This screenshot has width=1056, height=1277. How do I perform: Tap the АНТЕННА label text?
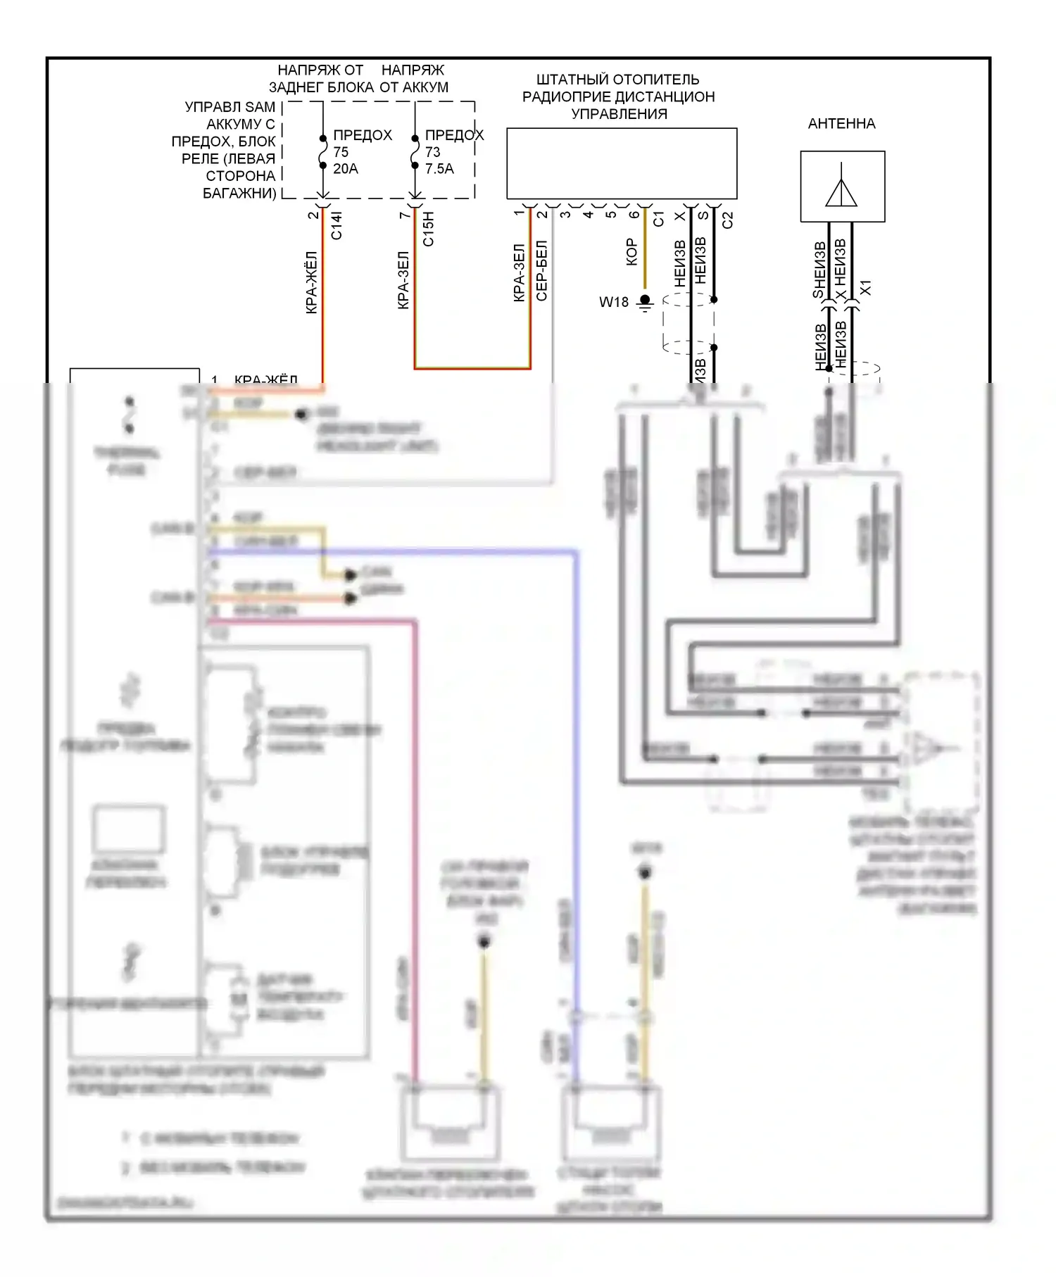click(x=841, y=124)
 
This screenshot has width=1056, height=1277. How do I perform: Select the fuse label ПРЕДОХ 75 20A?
click(x=360, y=151)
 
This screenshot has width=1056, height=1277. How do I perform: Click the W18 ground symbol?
click(x=645, y=303)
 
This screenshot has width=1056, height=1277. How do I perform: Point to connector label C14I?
click(x=337, y=225)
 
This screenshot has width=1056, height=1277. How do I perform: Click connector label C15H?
click(x=428, y=229)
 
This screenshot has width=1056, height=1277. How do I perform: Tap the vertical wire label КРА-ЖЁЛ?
click(x=311, y=282)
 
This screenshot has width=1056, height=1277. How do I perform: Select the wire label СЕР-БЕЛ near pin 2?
click(x=541, y=271)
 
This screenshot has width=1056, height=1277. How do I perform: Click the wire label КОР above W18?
click(x=631, y=252)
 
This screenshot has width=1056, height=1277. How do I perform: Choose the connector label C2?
click(x=728, y=220)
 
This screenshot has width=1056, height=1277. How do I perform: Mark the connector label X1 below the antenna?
click(x=866, y=287)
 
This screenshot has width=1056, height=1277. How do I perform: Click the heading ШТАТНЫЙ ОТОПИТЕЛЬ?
click(x=617, y=80)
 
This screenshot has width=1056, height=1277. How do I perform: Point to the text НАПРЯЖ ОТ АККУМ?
click(x=413, y=78)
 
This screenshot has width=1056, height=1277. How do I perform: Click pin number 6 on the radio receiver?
click(x=634, y=214)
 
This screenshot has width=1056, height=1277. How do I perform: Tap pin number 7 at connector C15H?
click(x=403, y=215)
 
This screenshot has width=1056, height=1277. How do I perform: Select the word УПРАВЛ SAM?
click(x=230, y=107)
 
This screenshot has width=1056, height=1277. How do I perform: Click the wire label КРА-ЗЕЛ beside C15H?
click(x=403, y=280)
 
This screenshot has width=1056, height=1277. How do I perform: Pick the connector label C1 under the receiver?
click(x=658, y=219)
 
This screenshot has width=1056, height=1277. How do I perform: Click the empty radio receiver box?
click(x=622, y=163)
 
